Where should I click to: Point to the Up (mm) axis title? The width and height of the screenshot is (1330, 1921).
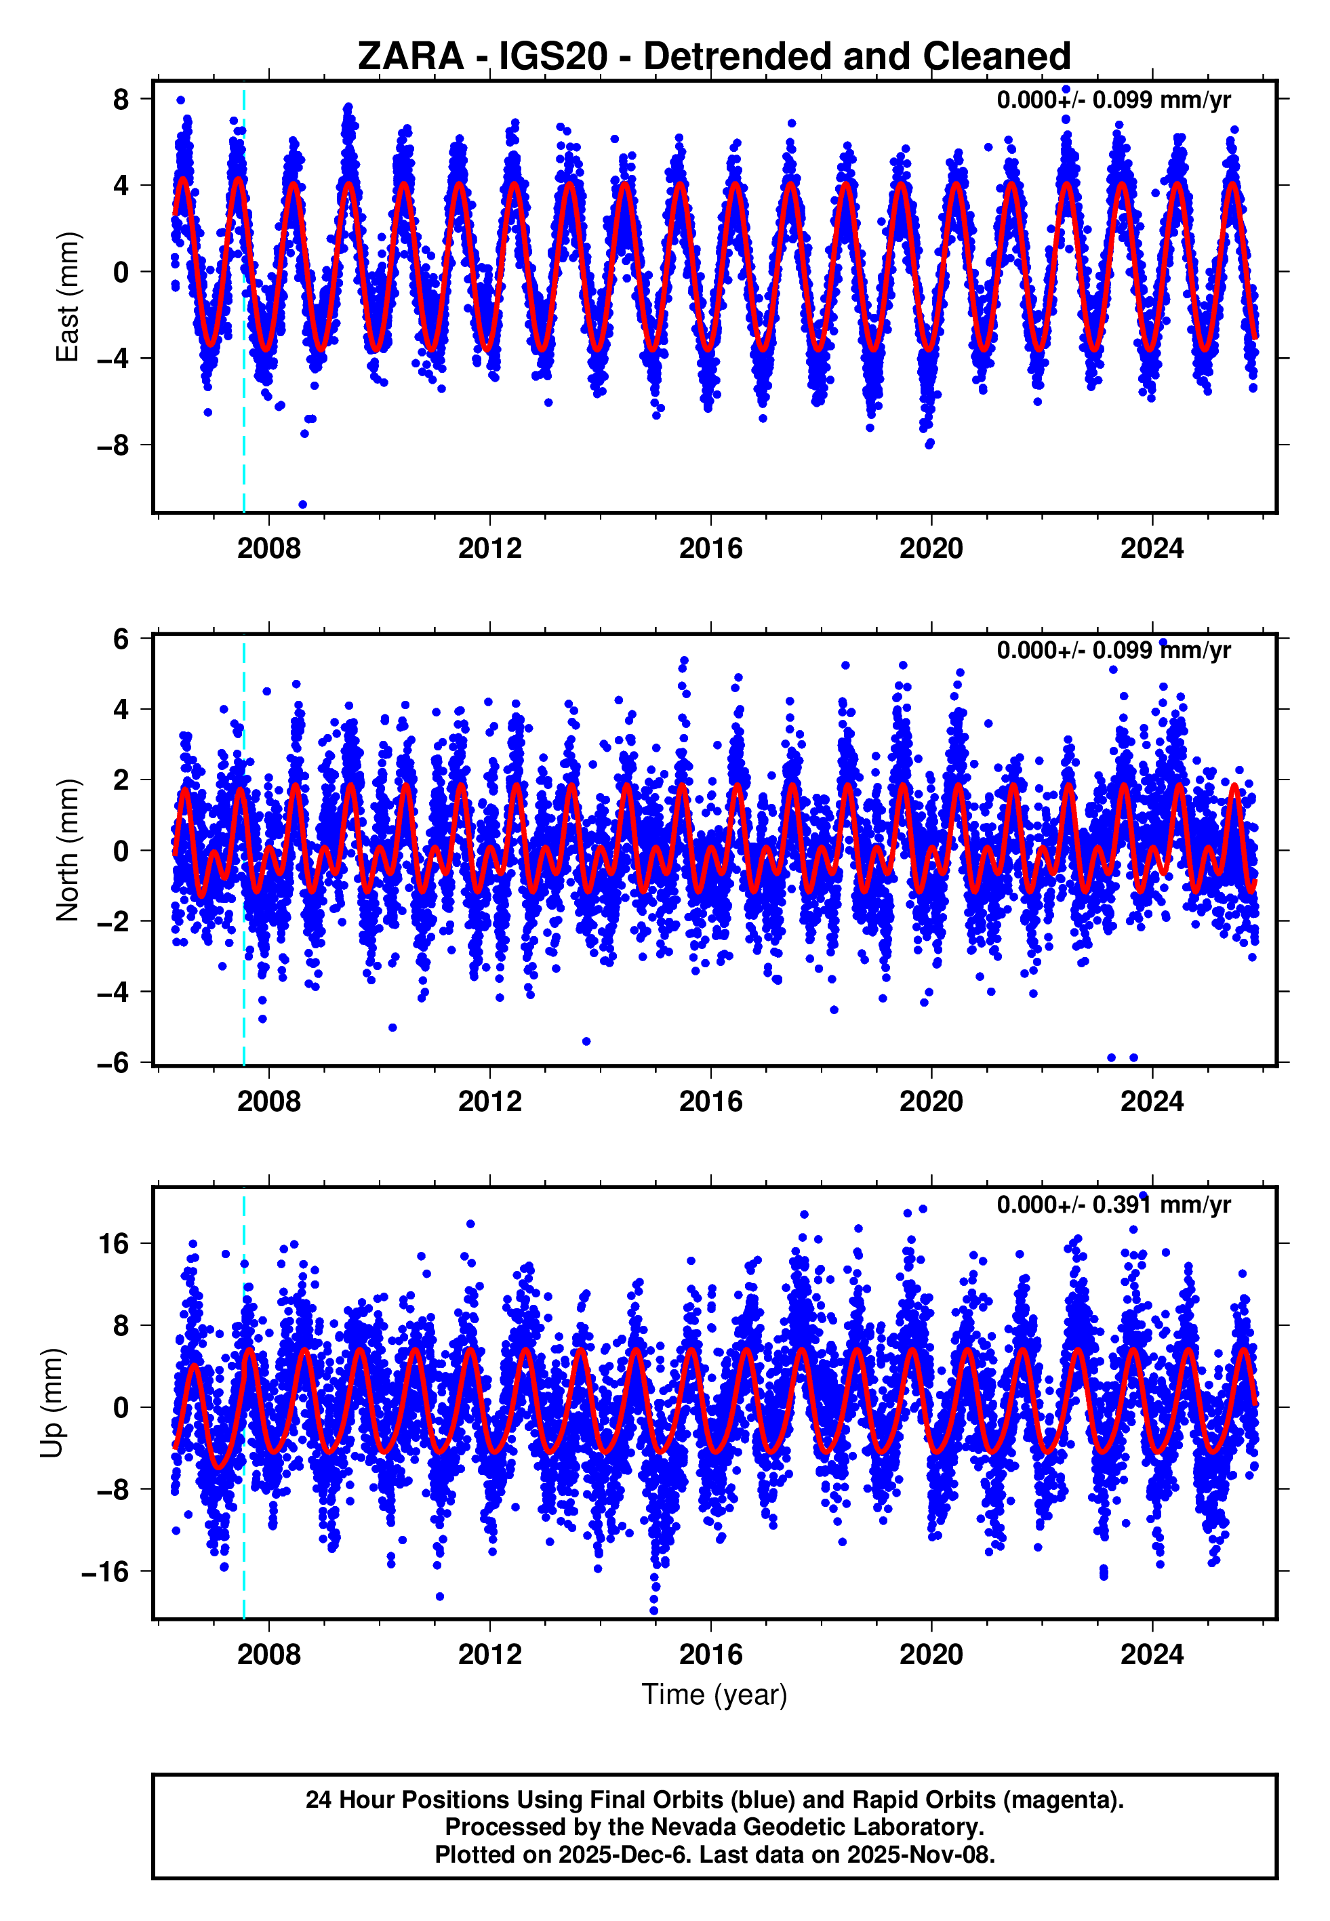(x=52, y=1403)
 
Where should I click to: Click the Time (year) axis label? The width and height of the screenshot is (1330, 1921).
(x=714, y=1695)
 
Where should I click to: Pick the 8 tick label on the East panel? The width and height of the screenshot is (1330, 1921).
(x=121, y=99)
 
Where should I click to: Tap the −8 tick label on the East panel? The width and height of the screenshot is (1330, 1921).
(x=113, y=445)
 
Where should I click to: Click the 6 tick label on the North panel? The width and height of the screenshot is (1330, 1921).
(x=121, y=639)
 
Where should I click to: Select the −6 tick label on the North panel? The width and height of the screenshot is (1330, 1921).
(x=113, y=1062)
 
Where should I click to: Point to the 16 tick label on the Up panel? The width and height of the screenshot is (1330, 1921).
(x=114, y=1244)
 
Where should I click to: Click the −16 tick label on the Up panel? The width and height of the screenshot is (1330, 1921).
(x=106, y=1572)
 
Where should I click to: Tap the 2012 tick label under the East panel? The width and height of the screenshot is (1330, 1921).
(x=490, y=548)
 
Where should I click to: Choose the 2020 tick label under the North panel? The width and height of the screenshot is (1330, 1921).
(x=931, y=1101)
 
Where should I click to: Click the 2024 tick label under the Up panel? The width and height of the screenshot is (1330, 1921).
(x=1152, y=1655)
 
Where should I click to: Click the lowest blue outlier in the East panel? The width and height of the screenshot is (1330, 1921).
(x=302, y=504)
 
